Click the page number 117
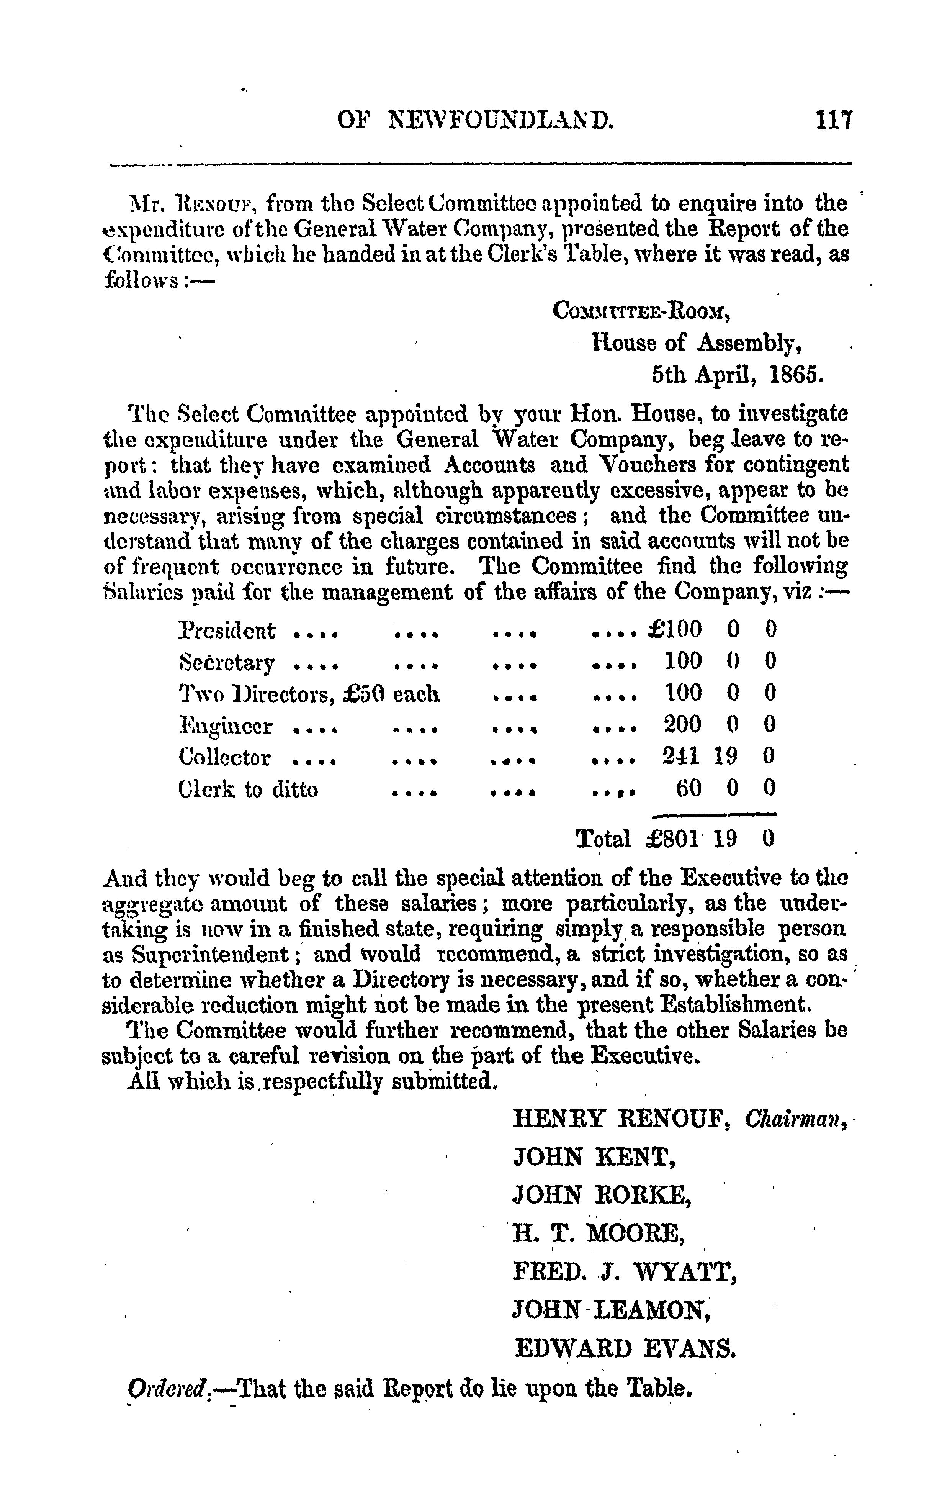(834, 120)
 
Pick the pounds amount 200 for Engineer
(682, 724)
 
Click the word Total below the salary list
(603, 839)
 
